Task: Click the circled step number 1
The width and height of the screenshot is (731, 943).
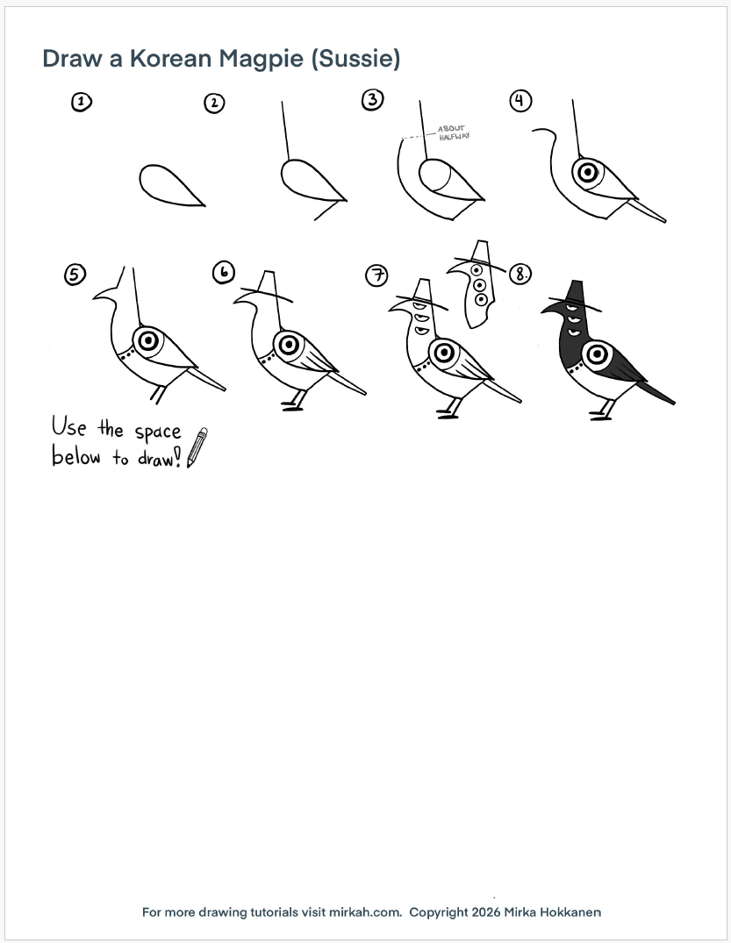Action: coord(82,102)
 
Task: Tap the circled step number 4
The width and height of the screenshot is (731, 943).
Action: coord(521,100)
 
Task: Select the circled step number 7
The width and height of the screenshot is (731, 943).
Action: coord(377,275)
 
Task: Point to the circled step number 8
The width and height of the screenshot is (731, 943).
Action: coord(520,275)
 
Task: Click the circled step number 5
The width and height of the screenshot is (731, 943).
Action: coord(75,275)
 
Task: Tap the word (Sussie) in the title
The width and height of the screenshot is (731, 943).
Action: coord(355,59)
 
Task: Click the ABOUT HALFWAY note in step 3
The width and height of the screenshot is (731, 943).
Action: coord(453,133)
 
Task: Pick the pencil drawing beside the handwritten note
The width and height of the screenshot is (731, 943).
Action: coord(197,447)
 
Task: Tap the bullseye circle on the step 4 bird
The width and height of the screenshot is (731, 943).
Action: coord(587,173)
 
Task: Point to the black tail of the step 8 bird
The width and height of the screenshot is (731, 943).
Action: coord(656,393)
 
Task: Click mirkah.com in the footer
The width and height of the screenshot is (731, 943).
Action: coord(364,911)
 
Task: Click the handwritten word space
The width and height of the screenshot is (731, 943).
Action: coord(158,432)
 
